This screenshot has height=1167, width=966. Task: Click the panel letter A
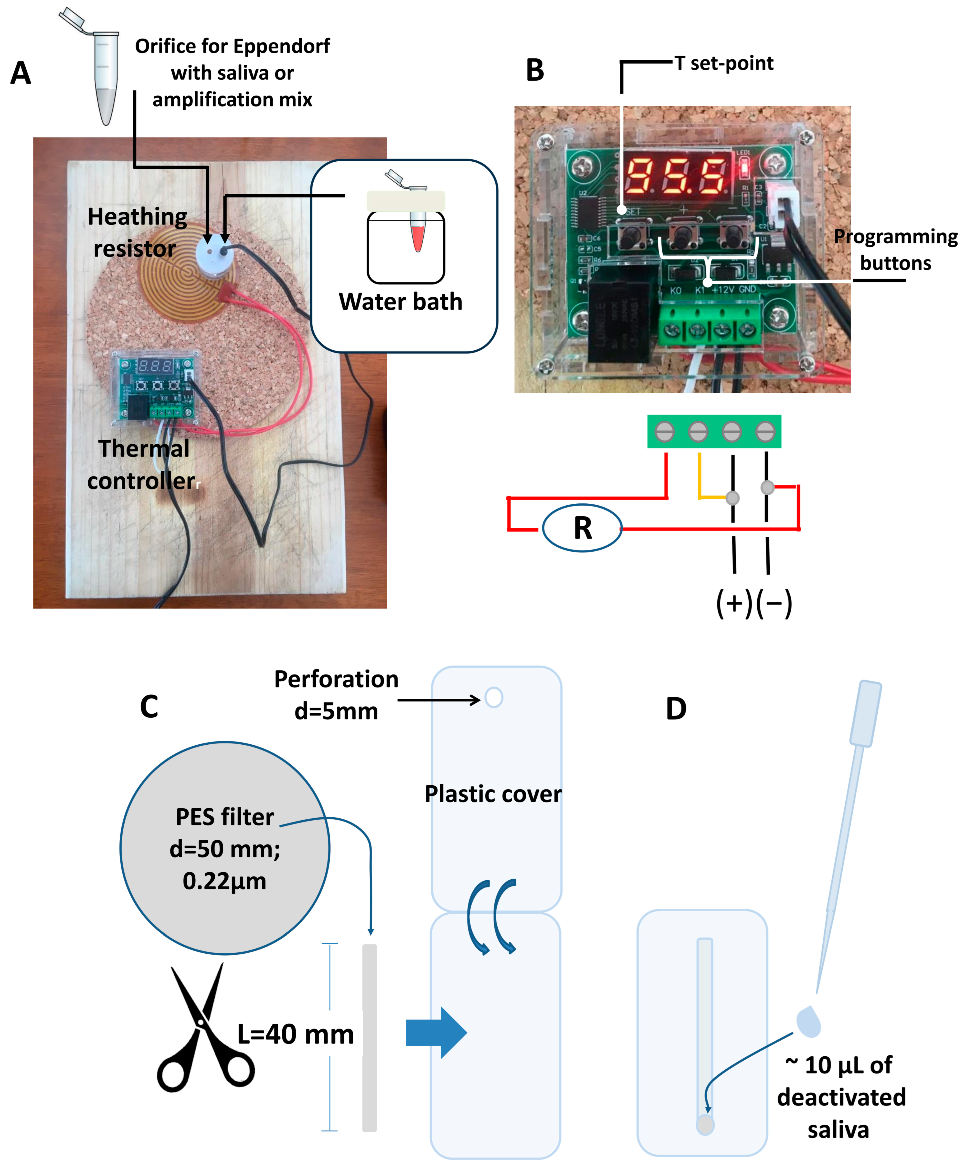(x=21, y=73)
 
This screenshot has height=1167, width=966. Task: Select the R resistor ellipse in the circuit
(x=582, y=528)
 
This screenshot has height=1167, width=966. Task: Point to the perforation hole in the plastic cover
(x=494, y=698)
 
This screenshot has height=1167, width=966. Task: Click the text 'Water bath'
(x=400, y=302)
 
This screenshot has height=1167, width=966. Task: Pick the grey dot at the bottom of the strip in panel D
(x=705, y=1124)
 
